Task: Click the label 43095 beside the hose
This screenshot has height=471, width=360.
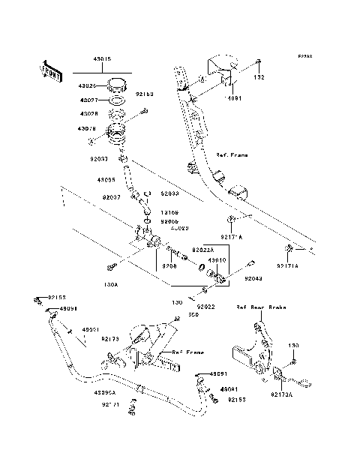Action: (x=105, y=180)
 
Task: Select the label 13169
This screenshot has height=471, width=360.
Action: (x=168, y=213)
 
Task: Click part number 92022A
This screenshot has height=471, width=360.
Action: (x=202, y=249)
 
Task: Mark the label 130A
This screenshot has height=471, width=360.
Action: (x=111, y=285)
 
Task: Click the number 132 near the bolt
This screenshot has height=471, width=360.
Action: (x=259, y=77)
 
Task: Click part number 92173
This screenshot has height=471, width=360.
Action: (x=110, y=338)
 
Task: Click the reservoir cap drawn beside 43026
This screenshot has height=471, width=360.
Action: (x=118, y=83)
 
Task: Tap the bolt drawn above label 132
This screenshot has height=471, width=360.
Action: (x=258, y=61)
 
